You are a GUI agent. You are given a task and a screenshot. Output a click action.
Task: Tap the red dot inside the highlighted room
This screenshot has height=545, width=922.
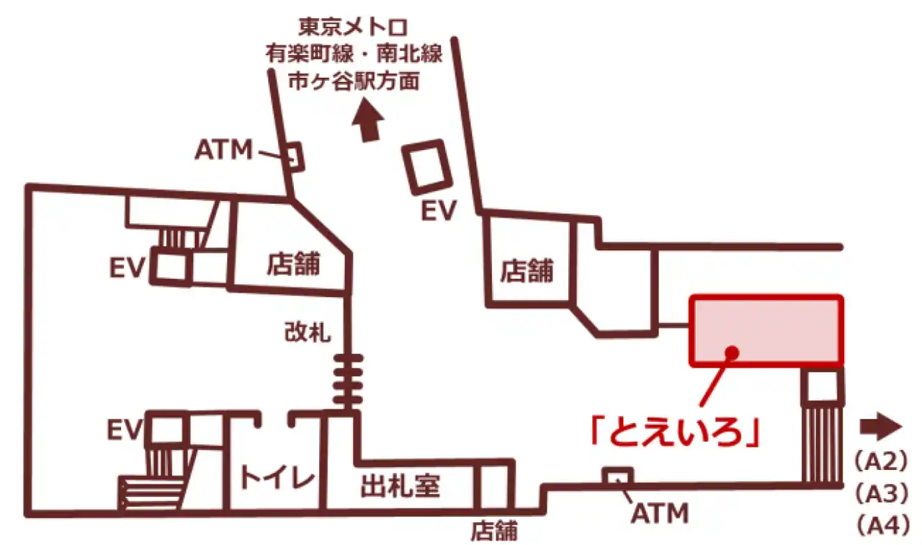coord(732,352)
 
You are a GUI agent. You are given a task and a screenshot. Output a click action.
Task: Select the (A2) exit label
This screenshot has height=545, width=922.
coord(878,461)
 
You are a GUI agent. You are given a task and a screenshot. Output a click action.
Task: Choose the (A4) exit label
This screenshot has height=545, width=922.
coord(878,524)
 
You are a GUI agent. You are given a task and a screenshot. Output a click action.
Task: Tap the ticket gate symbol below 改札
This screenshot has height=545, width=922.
coord(348,380)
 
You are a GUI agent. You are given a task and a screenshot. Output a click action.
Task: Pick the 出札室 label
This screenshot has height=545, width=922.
coord(400,487)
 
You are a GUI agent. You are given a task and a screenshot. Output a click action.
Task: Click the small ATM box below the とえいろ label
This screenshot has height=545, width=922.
coord(617,476)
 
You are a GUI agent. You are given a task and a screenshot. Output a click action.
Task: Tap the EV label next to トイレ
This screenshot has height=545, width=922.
coord(127,430)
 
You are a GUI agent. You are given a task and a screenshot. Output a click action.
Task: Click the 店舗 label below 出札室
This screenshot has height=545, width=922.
coord(494,531)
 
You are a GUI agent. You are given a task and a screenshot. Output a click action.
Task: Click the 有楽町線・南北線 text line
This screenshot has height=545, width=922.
coord(353,56)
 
